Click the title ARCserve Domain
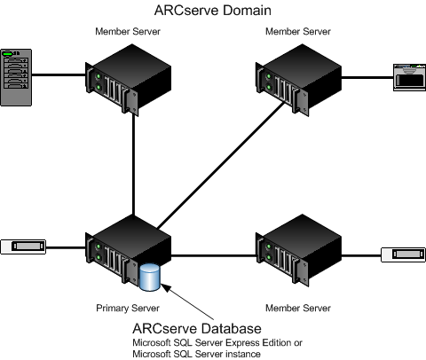pyautogui.click(x=213, y=11)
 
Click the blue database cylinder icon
pyautogui.click(x=150, y=277)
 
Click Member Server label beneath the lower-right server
pyautogui.click(x=295, y=308)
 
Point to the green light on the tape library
pyautogui.click(x=12, y=54)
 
